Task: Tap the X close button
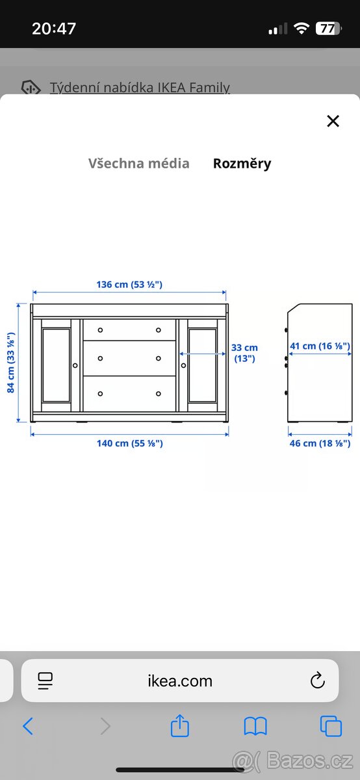tap(333, 121)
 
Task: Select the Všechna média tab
tap(138, 163)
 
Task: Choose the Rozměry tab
tap(242, 163)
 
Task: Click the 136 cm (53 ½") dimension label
tap(129, 284)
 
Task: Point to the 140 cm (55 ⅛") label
tap(129, 443)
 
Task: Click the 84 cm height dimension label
tap(11, 363)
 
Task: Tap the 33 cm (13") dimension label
tap(244, 353)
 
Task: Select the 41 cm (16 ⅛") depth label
tap(320, 346)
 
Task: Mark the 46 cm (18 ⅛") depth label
tap(320, 443)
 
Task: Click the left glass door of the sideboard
tap(56, 366)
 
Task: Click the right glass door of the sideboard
tap(203, 366)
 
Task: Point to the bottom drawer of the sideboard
tap(129, 393)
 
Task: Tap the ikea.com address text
tap(180, 681)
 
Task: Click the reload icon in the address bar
tap(317, 681)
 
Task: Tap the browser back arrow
tap(28, 726)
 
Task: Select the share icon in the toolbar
tap(180, 726)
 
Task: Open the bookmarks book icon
tap(255, 726)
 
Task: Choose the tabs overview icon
tap(331, 726)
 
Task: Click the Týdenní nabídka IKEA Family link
tap(140, 87)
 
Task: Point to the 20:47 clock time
tap(54, 29)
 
